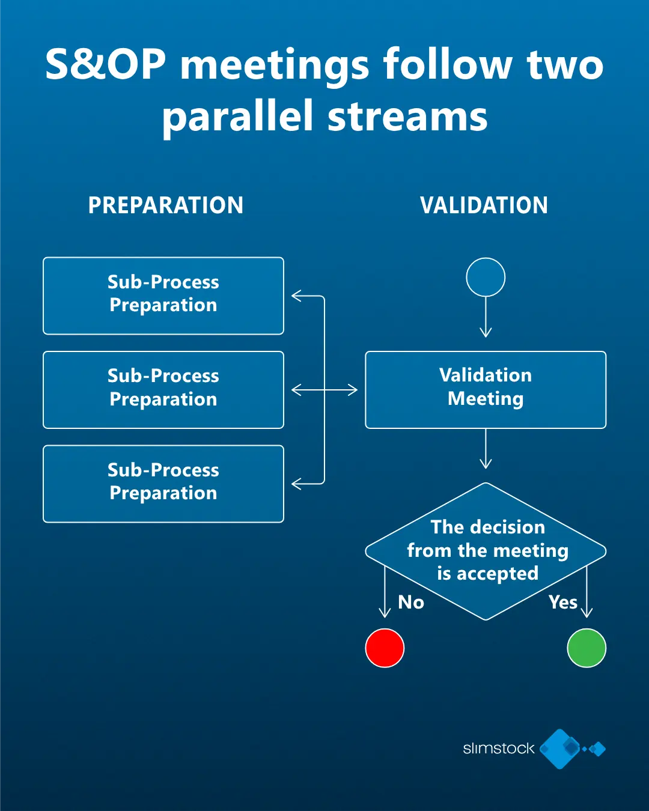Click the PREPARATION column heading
tap(166, 205)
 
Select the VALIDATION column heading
tap(484, 205)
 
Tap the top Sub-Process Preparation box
tap(163, 296)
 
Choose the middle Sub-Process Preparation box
tap(163, 389)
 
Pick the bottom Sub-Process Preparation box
tap(163, 484)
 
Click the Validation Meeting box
tap(486, 389)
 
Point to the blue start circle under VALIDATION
tap(486, 277)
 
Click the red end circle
tap(385, 648)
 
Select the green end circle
tap(587, 648)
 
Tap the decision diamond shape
tap(486, 551)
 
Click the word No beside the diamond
tap(411, 602)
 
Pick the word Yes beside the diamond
tap(563, 602)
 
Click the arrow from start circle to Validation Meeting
tap(486, 317)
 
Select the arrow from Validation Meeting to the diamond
tap(486, 449)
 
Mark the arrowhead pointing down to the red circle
tap(385, 613)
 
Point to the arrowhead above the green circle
tap(587, 613)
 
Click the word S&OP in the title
tap(106, 65)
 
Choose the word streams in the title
tap(408, 117)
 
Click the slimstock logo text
tap(498, 749)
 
